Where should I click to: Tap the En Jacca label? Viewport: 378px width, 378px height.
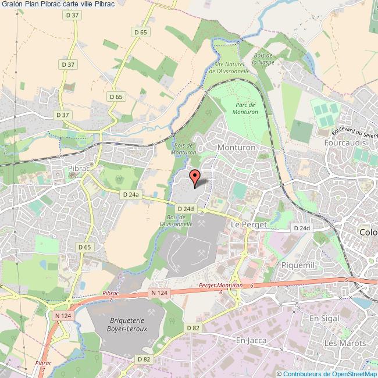click(x=251, y=340)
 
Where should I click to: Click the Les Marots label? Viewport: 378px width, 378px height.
click(x=345, y=343)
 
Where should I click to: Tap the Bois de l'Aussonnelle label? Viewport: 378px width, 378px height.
click(x=175, y=219)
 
